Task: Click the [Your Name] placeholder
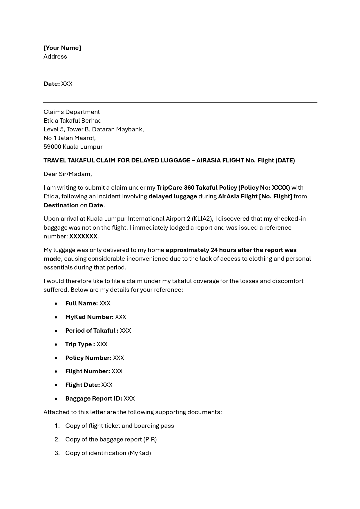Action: [62, 48]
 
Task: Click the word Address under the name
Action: [55, 57]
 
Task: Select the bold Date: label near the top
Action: [52, 84]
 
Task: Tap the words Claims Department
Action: [71, 112]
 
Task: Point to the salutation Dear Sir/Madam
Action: [67, 174]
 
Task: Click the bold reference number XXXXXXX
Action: [83, 236]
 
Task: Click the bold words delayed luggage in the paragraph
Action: [173, 196]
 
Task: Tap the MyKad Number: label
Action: [89, 317]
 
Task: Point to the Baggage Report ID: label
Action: [93, 398]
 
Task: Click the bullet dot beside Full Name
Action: [56, 303]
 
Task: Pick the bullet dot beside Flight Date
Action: [56, 385]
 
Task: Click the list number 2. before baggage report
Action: [57, 439]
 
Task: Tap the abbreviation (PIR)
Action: [150, 439]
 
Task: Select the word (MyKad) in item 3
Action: [139, 453]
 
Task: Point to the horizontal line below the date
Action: [180, 102]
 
